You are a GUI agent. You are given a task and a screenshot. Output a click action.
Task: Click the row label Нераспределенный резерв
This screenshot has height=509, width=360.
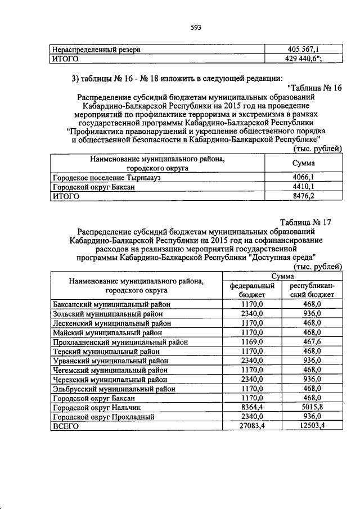tap(96, 49)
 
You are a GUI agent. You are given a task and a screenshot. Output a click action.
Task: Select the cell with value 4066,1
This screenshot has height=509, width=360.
tap(304, 177)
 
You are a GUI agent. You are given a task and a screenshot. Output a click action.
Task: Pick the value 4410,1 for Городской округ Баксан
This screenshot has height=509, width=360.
tap(304, 187)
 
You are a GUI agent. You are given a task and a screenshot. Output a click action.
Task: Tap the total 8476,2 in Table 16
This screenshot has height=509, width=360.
tap(304, 196)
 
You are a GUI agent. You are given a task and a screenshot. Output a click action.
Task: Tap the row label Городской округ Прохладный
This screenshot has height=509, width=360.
tap(102, 417)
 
